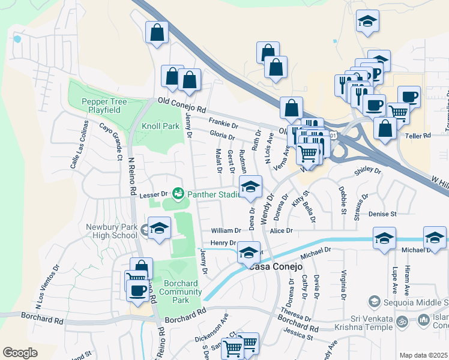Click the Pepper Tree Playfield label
pyautogui.click(x=105, y=106)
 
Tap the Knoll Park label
pyautogui.click(x=160, y=127)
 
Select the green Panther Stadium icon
pyautogui.click(x=178, y=193)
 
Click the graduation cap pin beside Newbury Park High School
pyautogui.click(x=159, y=229)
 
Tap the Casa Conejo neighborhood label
pyautogui.click(x=271, y=266)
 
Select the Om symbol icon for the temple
pyautogui.click(x=405, y=320)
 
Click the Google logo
pyautogui.click(x=20, y=353)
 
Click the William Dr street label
pyautogui.click(x=226, y=230)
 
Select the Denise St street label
pyautogui.click(x=384, y=214)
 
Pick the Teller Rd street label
pyautogui.click(x=418, y=136)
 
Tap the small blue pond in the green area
pyautogui.click(x=17, y=39)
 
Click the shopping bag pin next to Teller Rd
pyautogui.click(x=385, y=128)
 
